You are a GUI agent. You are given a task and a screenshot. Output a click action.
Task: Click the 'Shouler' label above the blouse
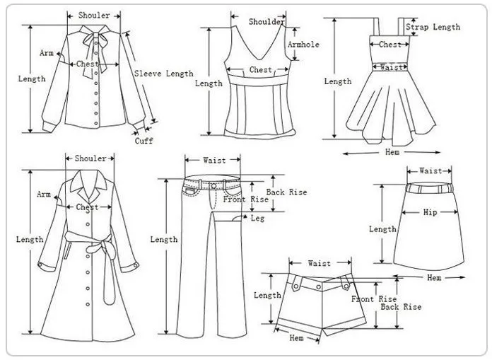point(94,16)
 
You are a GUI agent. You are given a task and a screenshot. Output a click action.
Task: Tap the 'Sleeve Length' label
point(163,74)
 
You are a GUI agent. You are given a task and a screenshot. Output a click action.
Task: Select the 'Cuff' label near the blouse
point(144,141)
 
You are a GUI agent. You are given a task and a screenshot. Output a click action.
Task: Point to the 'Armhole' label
point(304,45)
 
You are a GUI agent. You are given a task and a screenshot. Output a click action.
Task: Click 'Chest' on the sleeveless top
point(260,70)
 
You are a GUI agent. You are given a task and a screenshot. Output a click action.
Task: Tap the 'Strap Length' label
point(433,28)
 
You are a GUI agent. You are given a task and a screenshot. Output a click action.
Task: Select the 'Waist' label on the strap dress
point(391,67)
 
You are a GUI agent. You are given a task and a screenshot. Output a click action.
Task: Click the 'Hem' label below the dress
point(392,152)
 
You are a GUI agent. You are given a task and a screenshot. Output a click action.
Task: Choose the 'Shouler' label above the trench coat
point(90,158)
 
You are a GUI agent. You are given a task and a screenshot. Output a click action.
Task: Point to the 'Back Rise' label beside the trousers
point(286,192)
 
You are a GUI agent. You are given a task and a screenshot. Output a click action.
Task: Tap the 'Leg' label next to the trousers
point(258,219)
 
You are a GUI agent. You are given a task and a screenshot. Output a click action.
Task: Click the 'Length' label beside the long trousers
point(163,240)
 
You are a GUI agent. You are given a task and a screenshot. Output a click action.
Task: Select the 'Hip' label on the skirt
point(430,212)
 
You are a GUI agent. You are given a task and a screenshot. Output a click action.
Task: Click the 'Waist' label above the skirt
point(430,170)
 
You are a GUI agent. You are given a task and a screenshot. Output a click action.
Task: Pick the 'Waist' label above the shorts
point(319,263)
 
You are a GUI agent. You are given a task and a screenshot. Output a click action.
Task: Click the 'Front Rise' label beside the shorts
point(374,299)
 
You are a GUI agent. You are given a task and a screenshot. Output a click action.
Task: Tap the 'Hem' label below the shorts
point(297,339)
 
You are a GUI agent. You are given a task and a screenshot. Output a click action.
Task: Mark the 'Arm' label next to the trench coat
point(45,194)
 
